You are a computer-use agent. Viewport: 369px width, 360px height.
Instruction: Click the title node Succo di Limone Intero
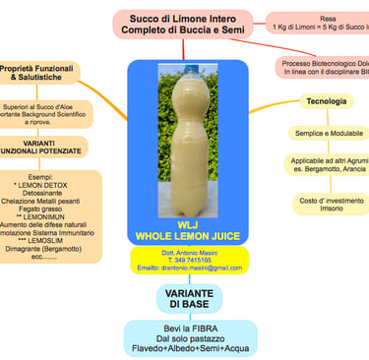pyautogui.click(x=185, y=25)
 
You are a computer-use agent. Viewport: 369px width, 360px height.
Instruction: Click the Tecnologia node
pyautogui.click(x=326, y=101)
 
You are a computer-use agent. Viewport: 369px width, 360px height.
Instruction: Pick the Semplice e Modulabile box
pyautogui.click(x=326, y=133)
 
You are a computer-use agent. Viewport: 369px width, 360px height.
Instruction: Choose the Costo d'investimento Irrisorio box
pyautogui.click(x=326, y=206)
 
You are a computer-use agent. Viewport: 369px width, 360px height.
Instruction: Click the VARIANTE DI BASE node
pyautogui.click(x=192, y=298)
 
